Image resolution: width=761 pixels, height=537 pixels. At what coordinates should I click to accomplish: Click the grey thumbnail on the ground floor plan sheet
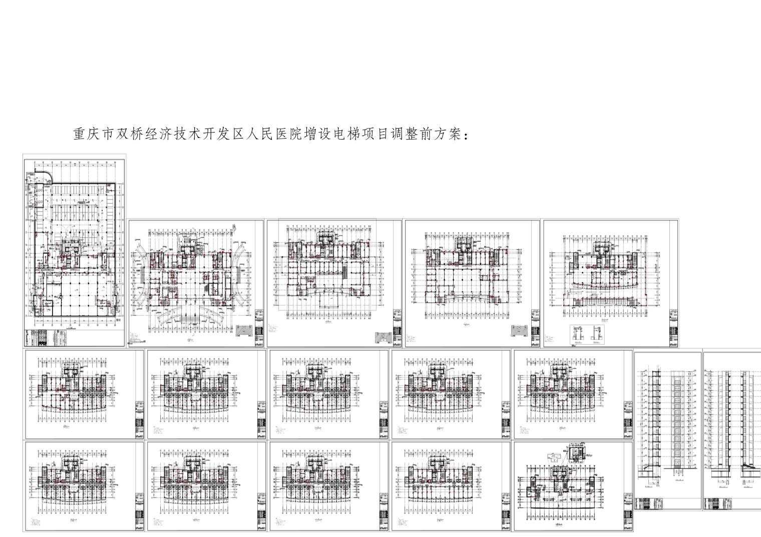point(245,332)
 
